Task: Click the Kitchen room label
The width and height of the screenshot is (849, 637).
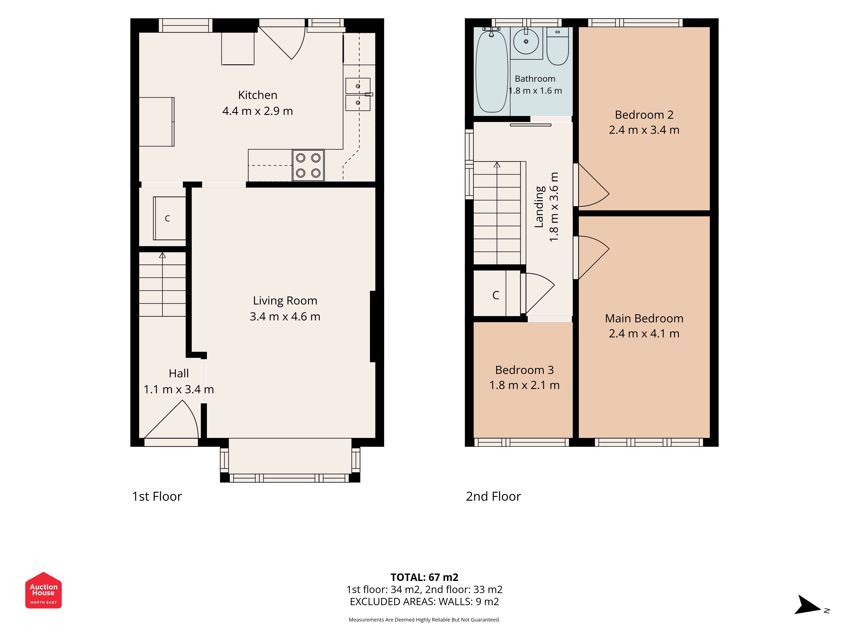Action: tap(257, 95)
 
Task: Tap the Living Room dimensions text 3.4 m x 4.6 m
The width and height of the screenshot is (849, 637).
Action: tap(285, 316)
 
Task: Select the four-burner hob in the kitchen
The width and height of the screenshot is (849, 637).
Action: tap(308, 165)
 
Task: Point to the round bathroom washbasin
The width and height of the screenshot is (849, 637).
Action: tap(526, 41)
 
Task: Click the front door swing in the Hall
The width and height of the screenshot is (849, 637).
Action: tap(171, 419)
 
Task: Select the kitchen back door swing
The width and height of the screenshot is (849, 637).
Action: tap(283, 43)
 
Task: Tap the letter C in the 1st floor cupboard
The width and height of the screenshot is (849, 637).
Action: tap(167, 218)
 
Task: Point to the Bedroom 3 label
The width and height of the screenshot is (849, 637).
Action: tap(524, 370)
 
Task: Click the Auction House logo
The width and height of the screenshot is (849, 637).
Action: tap(43, 590)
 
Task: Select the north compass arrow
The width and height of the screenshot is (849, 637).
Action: tap(807, 605)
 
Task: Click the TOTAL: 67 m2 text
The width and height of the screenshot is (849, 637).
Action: tap(424, 577)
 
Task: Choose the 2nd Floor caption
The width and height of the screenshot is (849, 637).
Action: tap(493, 496)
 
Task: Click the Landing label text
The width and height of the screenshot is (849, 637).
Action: tap(540, 207)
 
